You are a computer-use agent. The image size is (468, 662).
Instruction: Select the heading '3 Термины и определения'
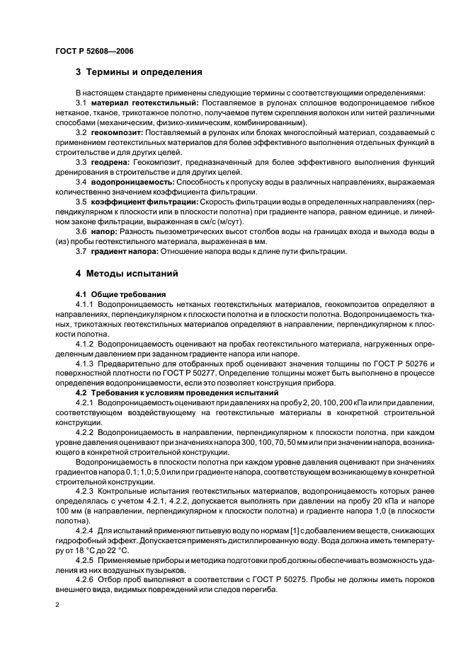(x=139, y=71)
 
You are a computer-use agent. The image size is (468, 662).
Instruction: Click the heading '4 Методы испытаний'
(x=126, y=273)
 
